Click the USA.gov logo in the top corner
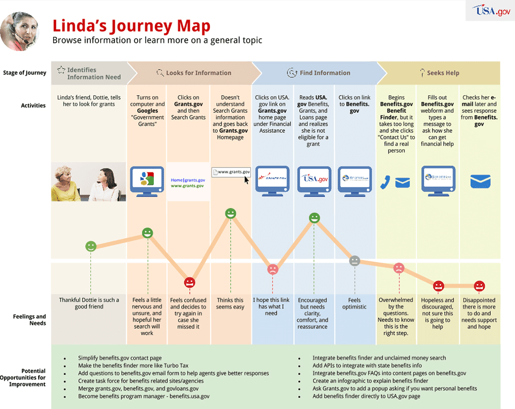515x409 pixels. point(491,10)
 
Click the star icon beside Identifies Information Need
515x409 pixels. point(61,70)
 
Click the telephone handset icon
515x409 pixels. point(385,182)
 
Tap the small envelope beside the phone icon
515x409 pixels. point(403,182)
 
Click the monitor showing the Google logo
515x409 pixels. point(147,180)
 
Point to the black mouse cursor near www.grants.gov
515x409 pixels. point(246,180)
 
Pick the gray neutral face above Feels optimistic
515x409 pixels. point(355,261)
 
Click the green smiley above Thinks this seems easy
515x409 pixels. point(231,213)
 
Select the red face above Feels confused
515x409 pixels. point(189,282)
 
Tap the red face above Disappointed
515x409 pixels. point(479,285)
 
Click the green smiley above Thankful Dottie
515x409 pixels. point(91,246)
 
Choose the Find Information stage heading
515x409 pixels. point(325,73)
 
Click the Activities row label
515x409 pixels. point(33,106)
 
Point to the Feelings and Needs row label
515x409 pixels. point(29,320)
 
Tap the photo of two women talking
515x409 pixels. point(89,181)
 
